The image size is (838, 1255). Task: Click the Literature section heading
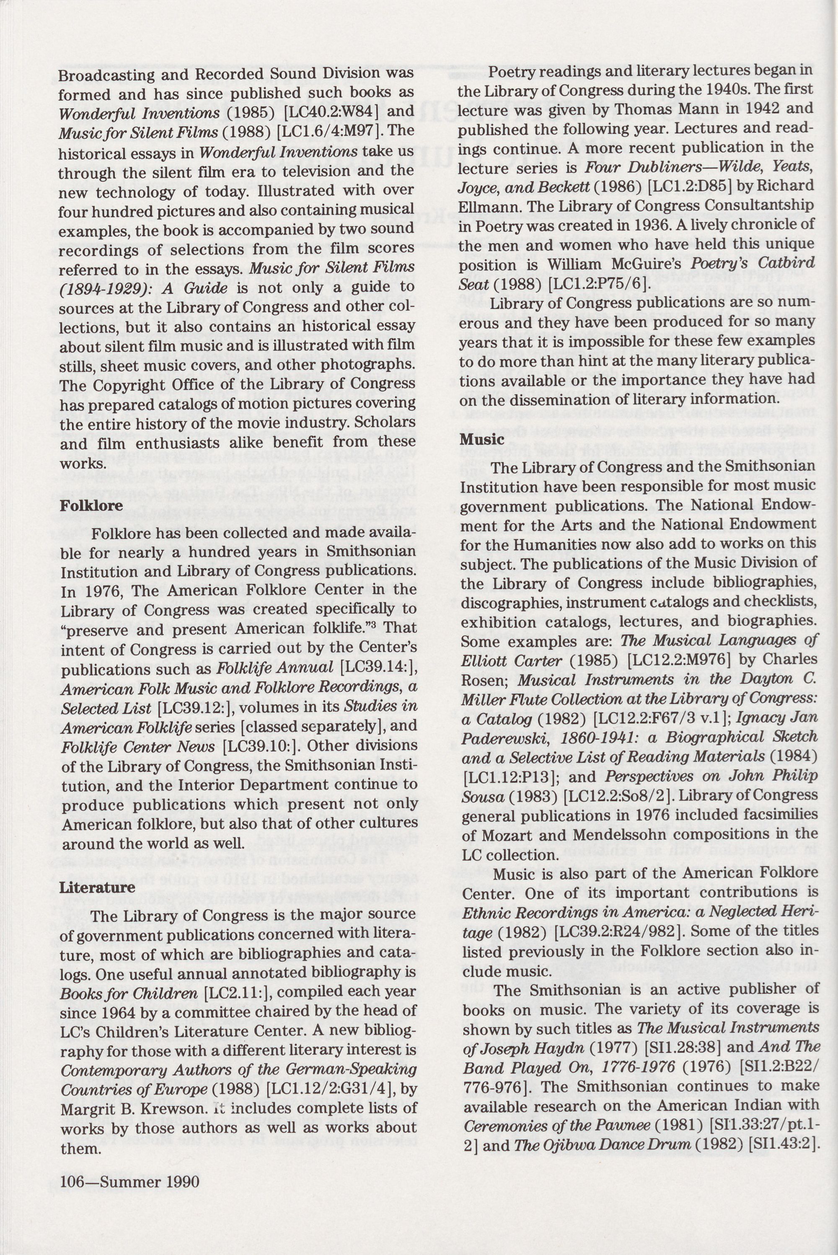(97, 887)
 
